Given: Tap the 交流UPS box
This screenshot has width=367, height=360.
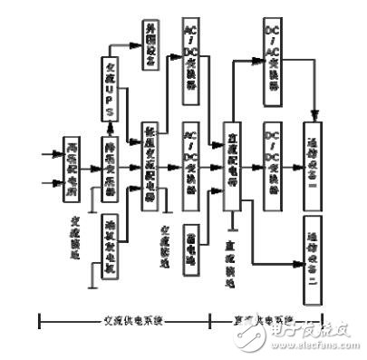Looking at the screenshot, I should click(110, 88).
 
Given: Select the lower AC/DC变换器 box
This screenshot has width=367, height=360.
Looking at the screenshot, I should click(192, 154).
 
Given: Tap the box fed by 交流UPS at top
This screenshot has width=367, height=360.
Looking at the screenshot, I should click(152, 44).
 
